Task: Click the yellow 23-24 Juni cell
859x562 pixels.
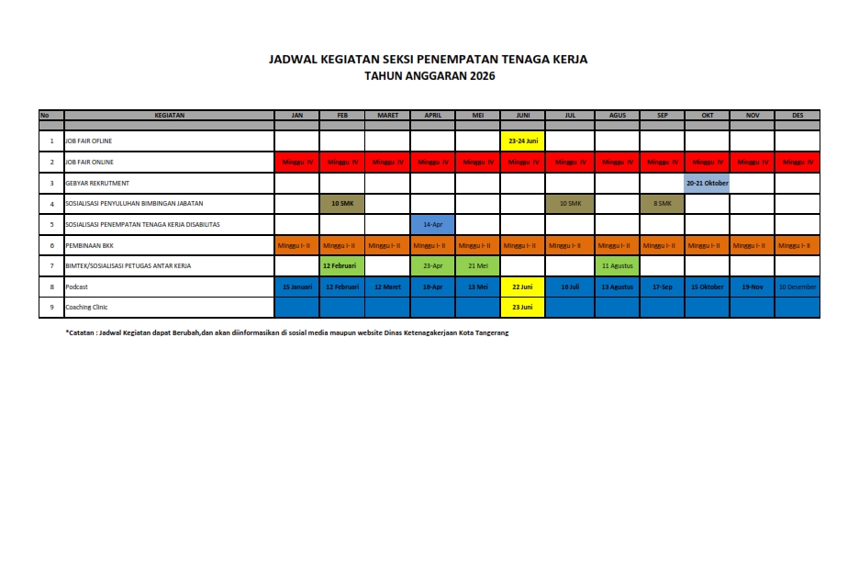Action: coord(523,141)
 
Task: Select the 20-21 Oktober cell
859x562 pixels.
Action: coord(707,183)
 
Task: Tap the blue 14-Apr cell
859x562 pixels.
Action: coord(433,224)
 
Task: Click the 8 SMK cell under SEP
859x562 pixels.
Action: coord(662,203)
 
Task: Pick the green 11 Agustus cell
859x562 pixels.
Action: coord(617,265)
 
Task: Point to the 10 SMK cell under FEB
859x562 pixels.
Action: coord(342,203)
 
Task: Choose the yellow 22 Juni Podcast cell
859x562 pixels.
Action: coord(523,287)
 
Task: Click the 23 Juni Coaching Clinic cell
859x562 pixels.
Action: coord(523,307)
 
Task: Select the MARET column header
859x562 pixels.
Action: coord(387,116)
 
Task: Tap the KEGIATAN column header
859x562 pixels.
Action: coord(170,116)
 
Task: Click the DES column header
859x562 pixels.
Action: coord(797,116)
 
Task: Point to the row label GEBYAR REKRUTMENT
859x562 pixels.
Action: coord(97,183)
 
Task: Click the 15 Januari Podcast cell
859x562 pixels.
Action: coord(297,287)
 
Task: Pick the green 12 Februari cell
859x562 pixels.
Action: coord(342,265)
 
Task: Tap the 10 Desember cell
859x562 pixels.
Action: coord(797,287)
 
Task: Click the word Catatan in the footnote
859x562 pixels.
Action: coord(82,332)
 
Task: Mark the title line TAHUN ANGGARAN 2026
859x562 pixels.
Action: coord(429,77)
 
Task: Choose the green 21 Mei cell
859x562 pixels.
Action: coord(478,265)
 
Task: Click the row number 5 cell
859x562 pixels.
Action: coord(51,224)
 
